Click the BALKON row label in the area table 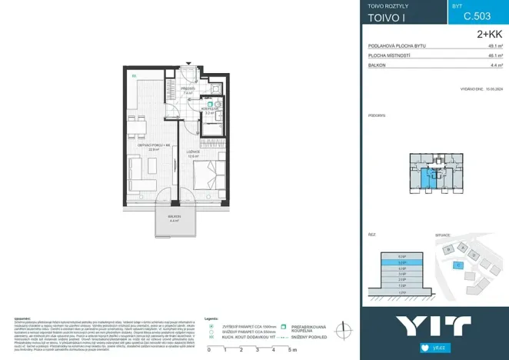point(377,66)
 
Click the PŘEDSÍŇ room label point(188,89)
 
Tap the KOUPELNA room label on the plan point(209,109)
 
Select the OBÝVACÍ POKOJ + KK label point(152,146)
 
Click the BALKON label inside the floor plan point(174,218)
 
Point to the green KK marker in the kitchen point(134,75)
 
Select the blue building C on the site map point(459,265)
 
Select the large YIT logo point(434,324)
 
